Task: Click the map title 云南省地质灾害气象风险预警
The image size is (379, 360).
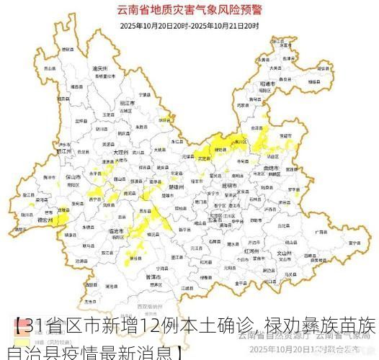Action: tap(189, 10)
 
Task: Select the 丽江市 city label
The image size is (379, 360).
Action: tap(127, 105)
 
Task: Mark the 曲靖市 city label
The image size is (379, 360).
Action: tap(272, 168)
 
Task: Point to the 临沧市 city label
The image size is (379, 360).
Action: tap(115, 230)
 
